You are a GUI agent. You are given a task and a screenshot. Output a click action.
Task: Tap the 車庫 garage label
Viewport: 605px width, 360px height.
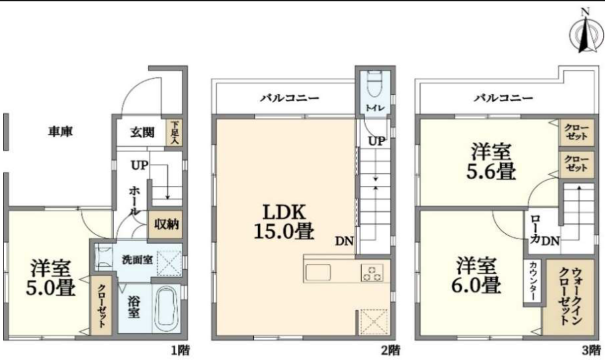point(61,132)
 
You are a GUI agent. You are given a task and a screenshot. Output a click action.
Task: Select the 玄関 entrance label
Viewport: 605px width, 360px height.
point(142,133)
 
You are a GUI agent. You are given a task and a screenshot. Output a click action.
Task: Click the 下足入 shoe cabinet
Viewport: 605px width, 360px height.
point(175,133)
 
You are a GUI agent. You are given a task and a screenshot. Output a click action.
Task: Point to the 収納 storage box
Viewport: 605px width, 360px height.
point(167,225)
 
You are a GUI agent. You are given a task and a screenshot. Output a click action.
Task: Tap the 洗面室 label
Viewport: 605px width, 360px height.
point(137,260)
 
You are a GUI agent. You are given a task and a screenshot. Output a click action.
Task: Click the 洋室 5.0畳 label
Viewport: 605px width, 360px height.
point(51,278)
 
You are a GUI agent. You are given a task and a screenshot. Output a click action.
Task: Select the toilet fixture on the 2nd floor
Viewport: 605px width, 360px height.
point(374,84)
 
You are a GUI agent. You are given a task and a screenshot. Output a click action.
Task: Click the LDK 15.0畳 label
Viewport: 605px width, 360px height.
point(284,222)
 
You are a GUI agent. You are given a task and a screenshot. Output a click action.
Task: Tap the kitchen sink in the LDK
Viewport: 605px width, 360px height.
point(318,273)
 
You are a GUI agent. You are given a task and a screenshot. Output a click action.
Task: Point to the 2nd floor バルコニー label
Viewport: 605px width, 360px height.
point(289,98)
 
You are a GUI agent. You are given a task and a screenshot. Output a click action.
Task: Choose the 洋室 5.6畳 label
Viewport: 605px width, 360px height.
point(491,161)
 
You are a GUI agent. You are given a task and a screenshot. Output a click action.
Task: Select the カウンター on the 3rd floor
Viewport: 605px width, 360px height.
point(532,281)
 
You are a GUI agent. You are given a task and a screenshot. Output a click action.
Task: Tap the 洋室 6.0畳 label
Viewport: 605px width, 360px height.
point(476,276)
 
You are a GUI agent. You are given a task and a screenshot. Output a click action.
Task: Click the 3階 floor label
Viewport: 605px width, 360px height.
point(591,351)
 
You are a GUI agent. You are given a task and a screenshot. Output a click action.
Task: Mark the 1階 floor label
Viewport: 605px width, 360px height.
point(180,351)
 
